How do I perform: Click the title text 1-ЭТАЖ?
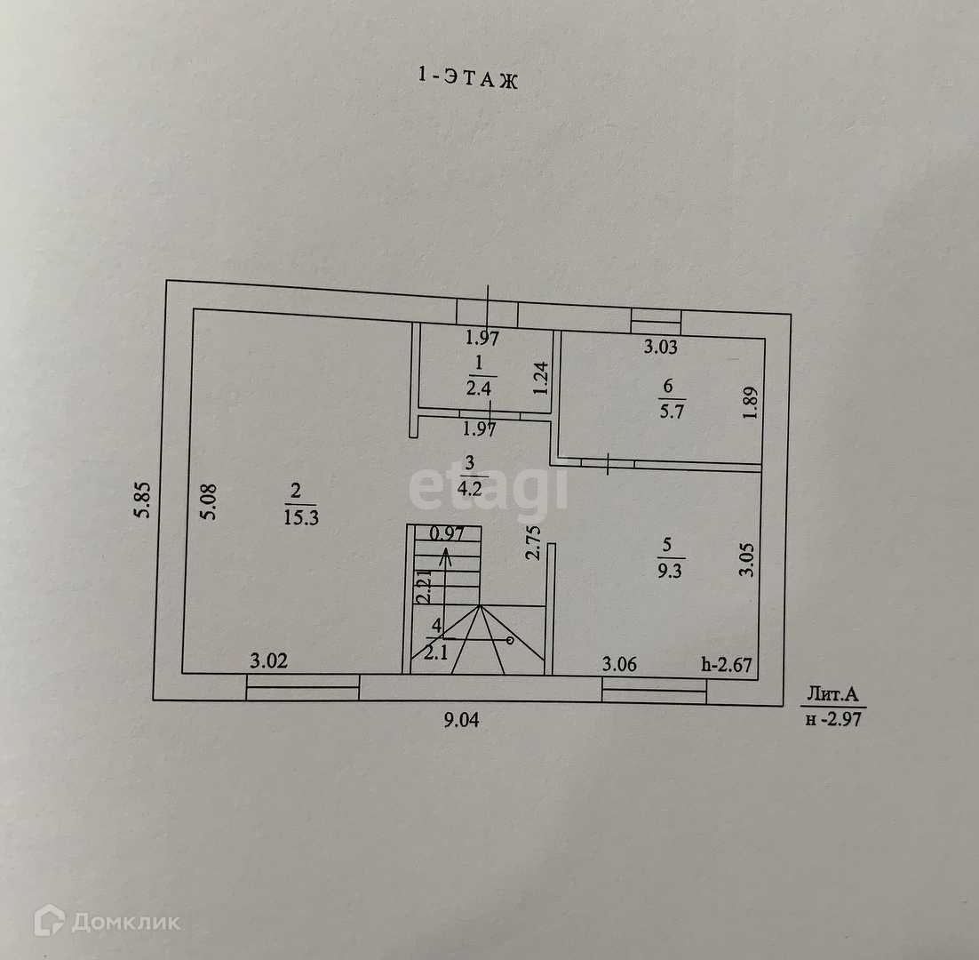point(467,78)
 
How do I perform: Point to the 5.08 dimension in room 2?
point(210,506)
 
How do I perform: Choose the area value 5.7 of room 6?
point(668,412)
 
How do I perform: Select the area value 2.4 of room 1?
point(478,387)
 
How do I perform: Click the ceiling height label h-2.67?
point(728,663)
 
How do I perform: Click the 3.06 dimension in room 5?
point(619,663)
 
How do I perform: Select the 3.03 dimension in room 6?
point(660,347)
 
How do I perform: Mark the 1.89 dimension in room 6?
point(752,402)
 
